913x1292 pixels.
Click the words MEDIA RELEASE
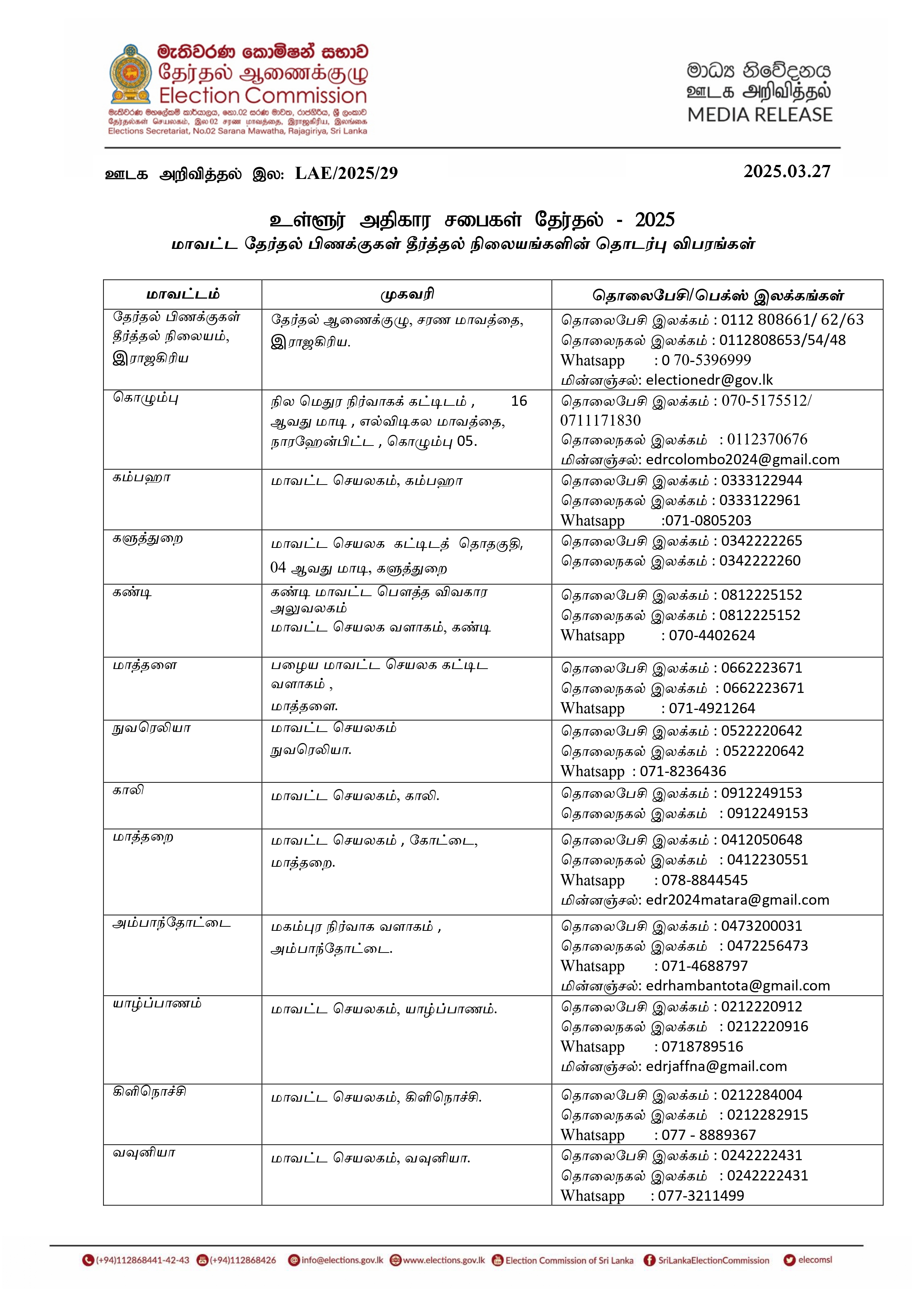pos(760,115)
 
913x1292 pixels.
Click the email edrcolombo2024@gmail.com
pos(743,460)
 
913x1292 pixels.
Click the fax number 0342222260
pos(760,561)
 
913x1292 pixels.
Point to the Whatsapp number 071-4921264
pos(712,708)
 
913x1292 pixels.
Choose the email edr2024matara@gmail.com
pos(737,900)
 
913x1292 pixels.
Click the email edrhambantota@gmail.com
pos(738,986)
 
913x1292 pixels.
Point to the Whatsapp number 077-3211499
pos(701,1196)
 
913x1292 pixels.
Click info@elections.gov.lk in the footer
pos(342,1260)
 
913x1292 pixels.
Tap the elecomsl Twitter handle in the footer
pos(814,1260)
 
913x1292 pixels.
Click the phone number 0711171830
pos(600,420)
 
